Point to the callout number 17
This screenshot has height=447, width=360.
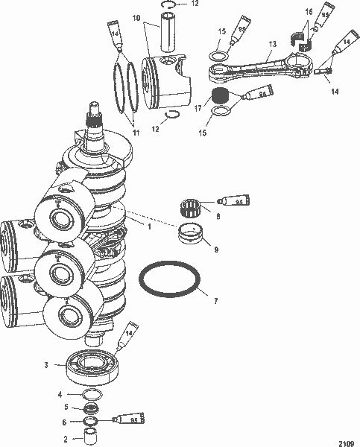pyautogui.click(x=196, y=107)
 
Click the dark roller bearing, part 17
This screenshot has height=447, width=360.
pyautogui.click(x=220, y=96)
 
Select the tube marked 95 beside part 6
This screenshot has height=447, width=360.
pyautogui.click(x=124, y=422)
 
